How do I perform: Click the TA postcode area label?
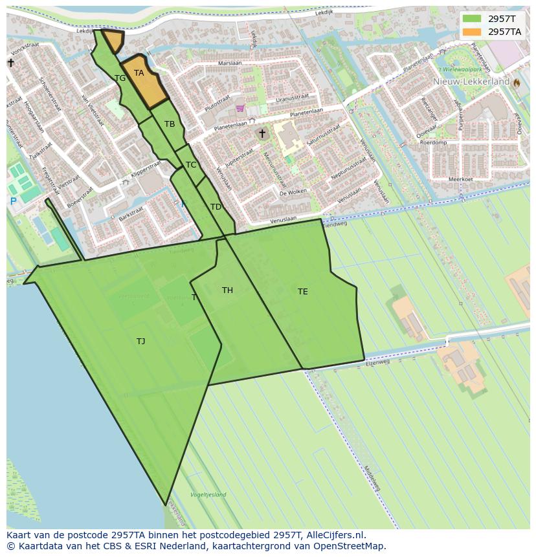click(139, 73)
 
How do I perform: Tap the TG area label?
click(120, 78)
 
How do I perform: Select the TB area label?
click(170, 124)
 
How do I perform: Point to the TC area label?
click(191, 165)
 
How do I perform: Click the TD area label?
click(216, 207)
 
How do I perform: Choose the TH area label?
click(227, 290)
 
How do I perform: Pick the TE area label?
click(302, 292)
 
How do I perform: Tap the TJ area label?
click(140, 342)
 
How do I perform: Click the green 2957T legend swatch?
click(473, 19)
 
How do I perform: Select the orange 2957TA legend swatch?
click(473, 32)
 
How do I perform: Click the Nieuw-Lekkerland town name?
click(471, 82)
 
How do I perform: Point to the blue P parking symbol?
click(13, 202)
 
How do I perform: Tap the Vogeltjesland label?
click(208, 495)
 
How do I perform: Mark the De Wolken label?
click(293, 193)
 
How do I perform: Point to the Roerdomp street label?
click(433, 142)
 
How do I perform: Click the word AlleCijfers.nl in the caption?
click(334, 536)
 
